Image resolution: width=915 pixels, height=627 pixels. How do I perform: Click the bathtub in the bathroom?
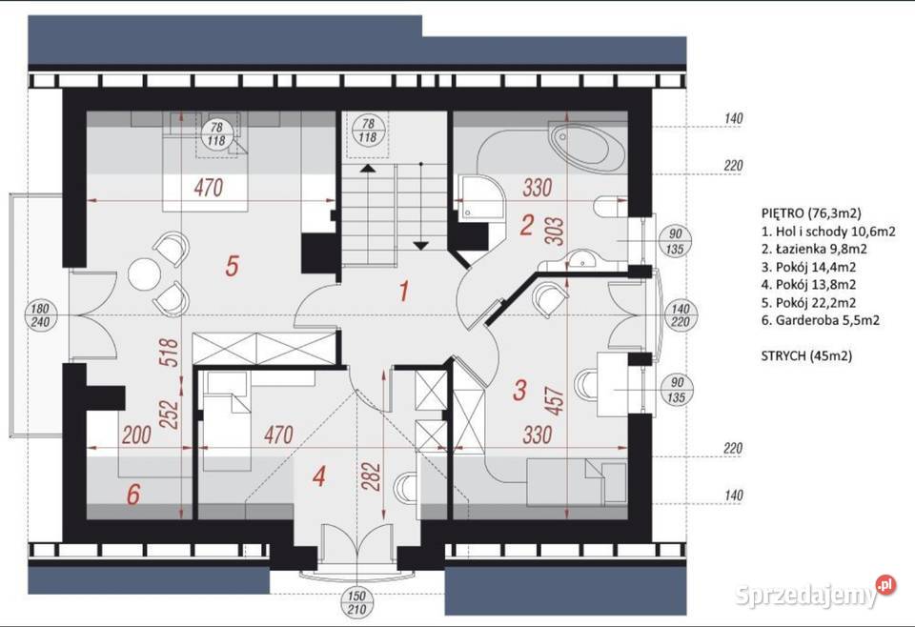click(x=585, y=145)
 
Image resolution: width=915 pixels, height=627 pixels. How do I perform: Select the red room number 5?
click(x=232, y=267)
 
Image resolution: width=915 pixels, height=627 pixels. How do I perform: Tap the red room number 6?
click(x=133, y=495)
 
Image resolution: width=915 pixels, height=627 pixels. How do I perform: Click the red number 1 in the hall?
click(x=403, y=291)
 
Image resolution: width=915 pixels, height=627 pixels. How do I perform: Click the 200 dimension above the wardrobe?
click(x=136, y=435)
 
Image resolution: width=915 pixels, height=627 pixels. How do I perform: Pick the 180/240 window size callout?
click(x=40, y=315)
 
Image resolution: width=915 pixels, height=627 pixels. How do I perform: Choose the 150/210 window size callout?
click(x=356, y=603)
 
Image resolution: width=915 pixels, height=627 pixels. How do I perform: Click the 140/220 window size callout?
click(x=681, y=315)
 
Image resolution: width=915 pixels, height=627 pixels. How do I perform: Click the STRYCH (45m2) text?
click(x=806, y=355)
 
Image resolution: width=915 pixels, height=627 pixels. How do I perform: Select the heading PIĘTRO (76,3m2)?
click(x=811, y=212)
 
